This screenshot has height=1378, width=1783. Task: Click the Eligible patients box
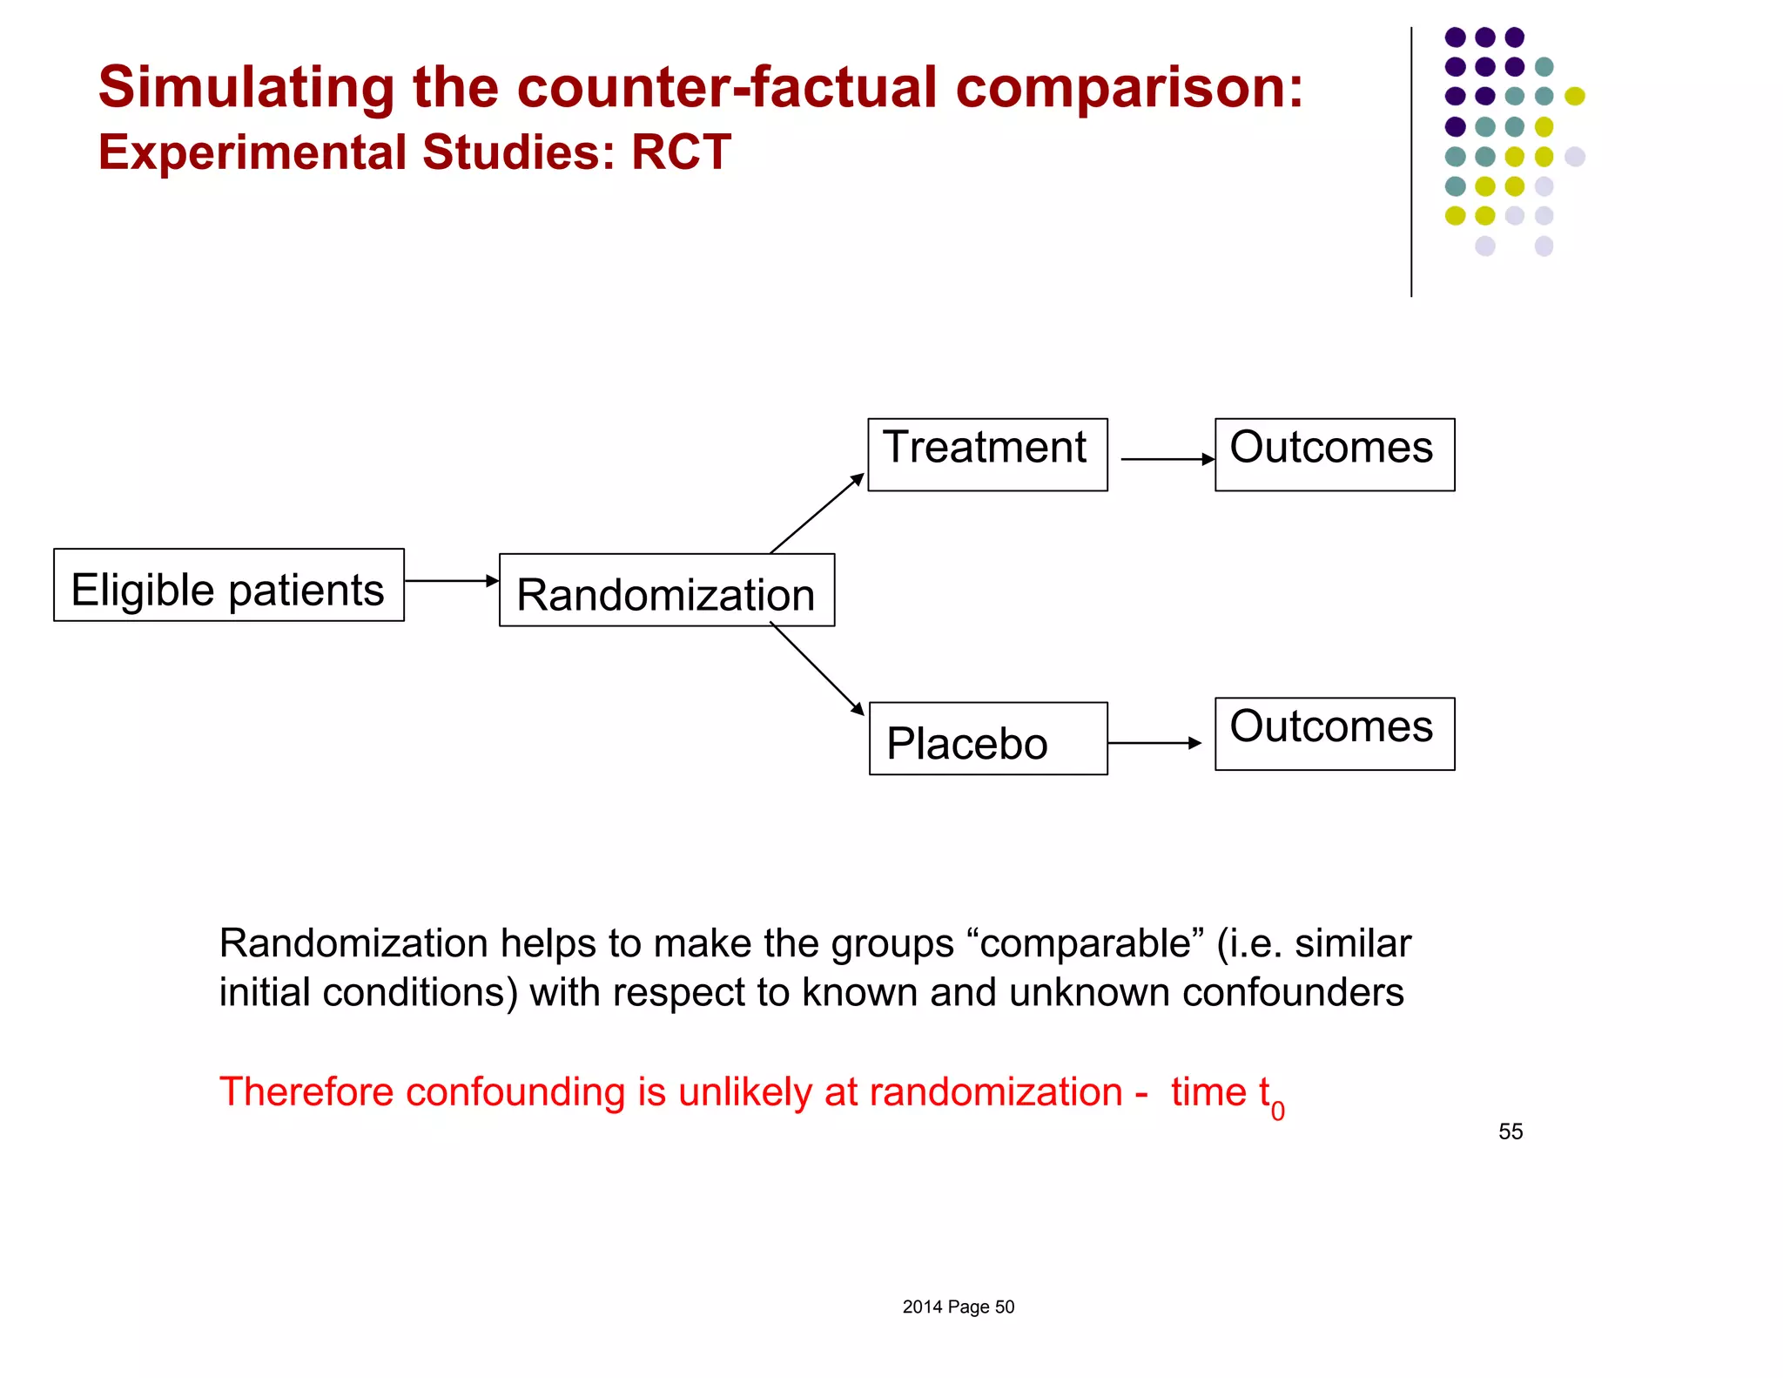click(x=228, y=585)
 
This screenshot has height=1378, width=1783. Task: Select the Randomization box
click(x=666, y=591)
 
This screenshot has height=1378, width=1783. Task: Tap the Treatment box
click(x=987, y=455)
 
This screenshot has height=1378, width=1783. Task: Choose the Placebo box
click(x=988, y=739)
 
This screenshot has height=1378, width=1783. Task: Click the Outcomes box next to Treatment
click(x=1334, y=455)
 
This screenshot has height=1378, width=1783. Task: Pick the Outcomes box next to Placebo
click(x=1334, y=733)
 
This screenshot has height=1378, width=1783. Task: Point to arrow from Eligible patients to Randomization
click(x=451, y=581)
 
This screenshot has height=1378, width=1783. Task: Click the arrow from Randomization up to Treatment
click(x=817, y=514)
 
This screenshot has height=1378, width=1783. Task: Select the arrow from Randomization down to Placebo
click(x=817, y=668)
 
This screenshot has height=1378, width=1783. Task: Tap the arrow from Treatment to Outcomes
click(x=1167, y=459)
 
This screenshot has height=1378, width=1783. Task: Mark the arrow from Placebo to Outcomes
click(x=1154, y=743)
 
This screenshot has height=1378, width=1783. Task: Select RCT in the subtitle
click(x=681, y=152)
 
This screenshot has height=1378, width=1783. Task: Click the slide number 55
click(x=1511, y=1131)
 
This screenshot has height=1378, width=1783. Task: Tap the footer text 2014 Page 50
click(x=958, y=1307)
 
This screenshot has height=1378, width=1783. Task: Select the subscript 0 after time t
click(x=1277, y=1111)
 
